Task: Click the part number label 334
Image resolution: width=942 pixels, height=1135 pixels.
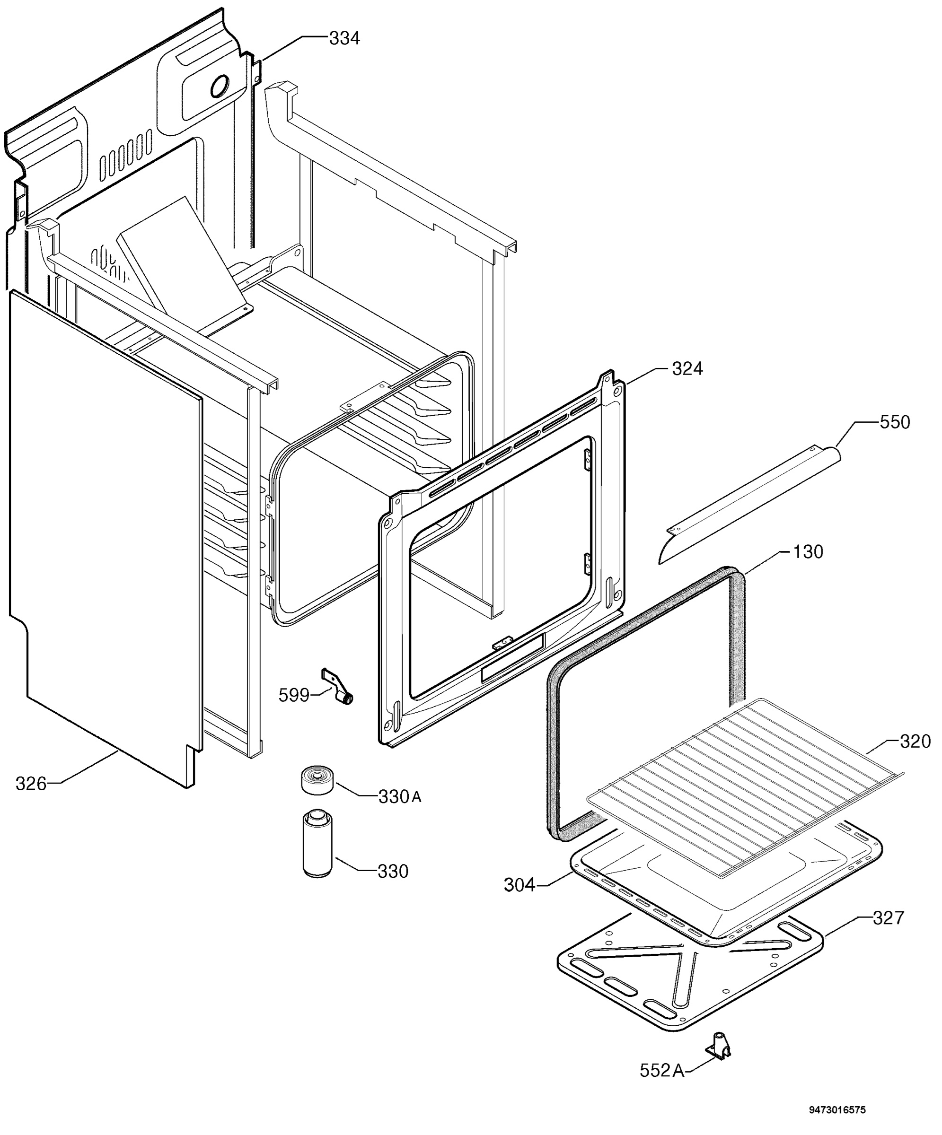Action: (344, 38)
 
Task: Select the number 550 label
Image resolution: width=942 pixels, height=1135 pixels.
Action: (895, 422)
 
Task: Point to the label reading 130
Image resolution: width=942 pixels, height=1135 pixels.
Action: (808, 552)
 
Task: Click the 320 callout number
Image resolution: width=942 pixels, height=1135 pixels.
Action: (916, 741)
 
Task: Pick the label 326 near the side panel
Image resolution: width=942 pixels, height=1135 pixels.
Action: (31, 783)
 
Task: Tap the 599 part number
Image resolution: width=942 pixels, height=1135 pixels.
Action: (294, 695)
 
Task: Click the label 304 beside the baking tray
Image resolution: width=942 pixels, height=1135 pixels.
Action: (519, 885)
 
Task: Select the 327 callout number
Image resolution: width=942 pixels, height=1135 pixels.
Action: (889, 918)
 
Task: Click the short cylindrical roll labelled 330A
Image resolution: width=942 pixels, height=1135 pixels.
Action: (318, 780)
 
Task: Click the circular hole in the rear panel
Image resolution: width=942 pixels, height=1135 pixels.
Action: (220, 86)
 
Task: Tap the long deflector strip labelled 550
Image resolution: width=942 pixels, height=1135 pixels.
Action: (749, 504)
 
